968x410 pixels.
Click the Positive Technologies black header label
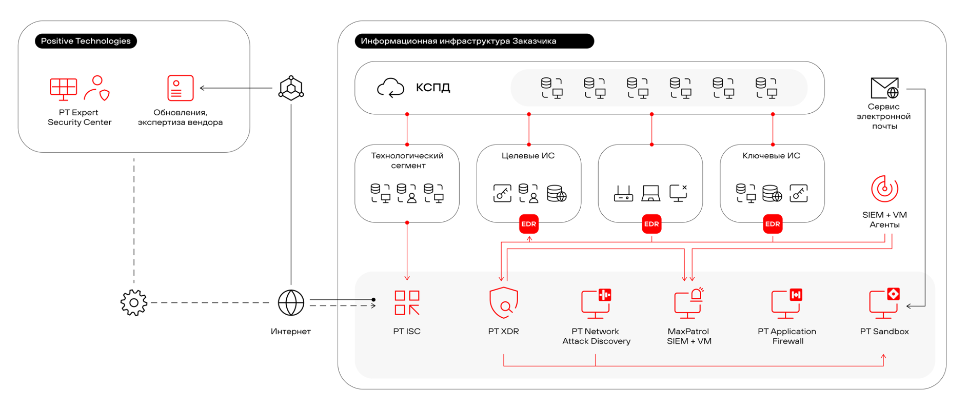[86, 41]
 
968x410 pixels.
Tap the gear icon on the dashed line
[134, 303]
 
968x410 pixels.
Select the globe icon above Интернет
[291, 303]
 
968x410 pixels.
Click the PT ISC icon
[407, 302]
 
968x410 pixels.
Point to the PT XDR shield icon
[504, 302]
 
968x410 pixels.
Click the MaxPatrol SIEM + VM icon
[688, 302]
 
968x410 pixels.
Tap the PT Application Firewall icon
[787, 302]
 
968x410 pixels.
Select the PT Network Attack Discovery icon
[596, 302]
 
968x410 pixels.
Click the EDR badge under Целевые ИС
[529, 224]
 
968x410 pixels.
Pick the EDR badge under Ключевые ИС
[773, 224]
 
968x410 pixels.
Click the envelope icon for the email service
[884, 88]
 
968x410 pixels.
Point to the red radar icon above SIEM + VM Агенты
[884, 189]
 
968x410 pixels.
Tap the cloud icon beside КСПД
[390, 88]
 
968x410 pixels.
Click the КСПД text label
[433, 88]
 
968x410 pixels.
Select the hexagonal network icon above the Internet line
[291, 88]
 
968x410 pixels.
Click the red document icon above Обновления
[180, 88]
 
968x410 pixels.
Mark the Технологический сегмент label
[407, 160]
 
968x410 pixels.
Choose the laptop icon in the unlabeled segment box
[651, 193]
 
